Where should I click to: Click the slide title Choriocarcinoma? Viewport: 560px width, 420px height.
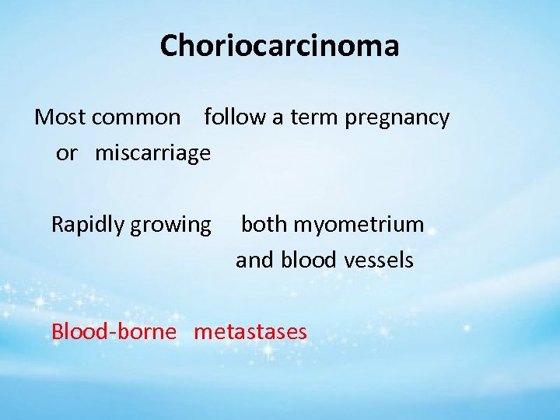(279, 46)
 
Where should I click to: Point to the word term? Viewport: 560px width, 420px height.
(314, 117)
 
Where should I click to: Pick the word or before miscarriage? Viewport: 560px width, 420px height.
(67, 153)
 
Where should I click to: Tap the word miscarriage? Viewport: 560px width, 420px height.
(152, 153)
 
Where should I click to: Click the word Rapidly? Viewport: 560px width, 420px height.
(88, 226)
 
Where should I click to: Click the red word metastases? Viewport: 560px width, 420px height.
(250, 332)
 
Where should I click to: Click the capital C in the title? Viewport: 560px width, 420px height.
(170, 46)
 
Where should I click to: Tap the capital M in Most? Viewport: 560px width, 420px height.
(44, 117)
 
